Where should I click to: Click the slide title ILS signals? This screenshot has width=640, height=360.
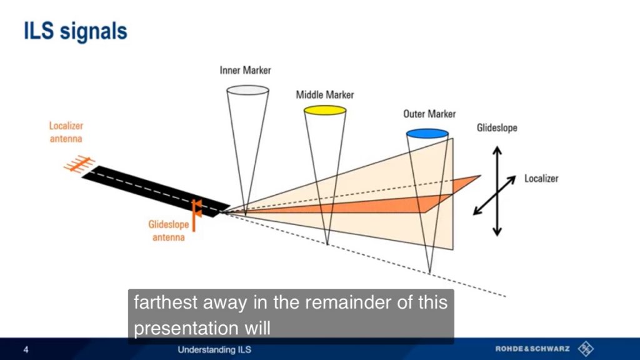click(x=76, y=31)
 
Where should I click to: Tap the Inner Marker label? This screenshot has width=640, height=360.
click(x=245, y=70)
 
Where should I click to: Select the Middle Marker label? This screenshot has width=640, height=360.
click(x=325, y=95)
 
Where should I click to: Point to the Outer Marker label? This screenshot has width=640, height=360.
click(x=429, y=114)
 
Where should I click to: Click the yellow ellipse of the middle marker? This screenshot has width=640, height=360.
click(x=325, y=110)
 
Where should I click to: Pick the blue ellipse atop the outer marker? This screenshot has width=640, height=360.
click(x=427, y=134)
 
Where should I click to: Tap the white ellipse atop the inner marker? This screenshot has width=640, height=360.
click(x=247, y=90)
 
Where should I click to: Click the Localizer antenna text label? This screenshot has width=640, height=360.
click(x=66, y=132)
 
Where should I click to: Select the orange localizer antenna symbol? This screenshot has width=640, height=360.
click(x=79, y=164)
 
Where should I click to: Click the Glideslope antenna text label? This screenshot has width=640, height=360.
click(x=169, y=231)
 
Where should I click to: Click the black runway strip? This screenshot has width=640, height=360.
click(x=156, y=191)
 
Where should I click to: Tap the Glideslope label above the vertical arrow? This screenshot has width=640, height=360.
click(x=497, y=127)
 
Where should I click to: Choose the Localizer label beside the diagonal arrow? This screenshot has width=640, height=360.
click(x=541, y=178)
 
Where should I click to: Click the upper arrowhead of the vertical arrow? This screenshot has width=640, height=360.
click(x=497, y=150)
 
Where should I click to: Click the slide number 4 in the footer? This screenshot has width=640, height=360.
click(x=26, y=349)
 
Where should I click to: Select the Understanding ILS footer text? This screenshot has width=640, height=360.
click(x=214, y=349)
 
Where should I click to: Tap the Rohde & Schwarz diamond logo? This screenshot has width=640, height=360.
click(x=586, y=349)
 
